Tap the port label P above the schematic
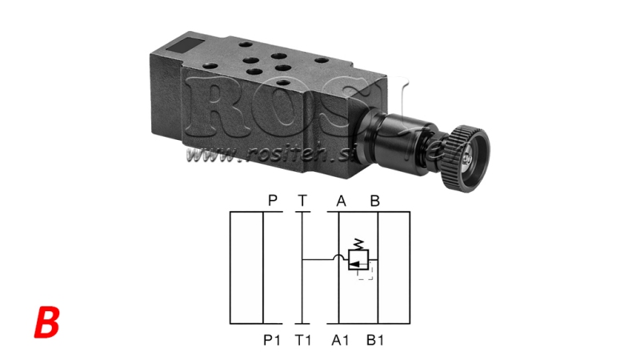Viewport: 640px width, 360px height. pyautogui.click(x=273, y=201)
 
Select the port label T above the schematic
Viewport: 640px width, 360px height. pyautogui.click(x=302, y=201)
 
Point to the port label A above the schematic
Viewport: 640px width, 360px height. pyautogui.click(x=341, y=201)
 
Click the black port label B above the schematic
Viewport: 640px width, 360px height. pyautogui.click(x=374, y=201)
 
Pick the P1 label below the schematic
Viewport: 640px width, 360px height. pyautogui.click(x=272, y=339)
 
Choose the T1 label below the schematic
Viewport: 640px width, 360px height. pyautogui.click(x=303, y=339)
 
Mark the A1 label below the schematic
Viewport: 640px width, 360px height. pyautogui.click(x=342, y=339)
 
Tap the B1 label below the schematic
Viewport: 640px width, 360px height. pyautogui.click(x=375, y=339)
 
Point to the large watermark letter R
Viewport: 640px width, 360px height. pyautogui.click(x=210, y=109)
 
